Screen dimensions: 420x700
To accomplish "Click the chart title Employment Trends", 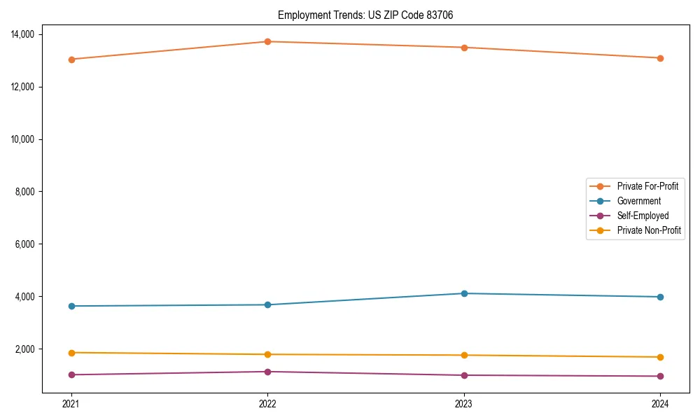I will tap(365, 15).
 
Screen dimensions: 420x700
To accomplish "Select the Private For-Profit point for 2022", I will tap(267, 41).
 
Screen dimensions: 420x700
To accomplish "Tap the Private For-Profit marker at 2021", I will tap(71, 59).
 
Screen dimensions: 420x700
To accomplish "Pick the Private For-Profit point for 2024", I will tap(660, 58).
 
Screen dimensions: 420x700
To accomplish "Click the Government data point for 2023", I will tap(464, 293).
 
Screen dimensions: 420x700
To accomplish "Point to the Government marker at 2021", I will tap(71, 306).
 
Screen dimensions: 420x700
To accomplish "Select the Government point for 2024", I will tap(660, 297).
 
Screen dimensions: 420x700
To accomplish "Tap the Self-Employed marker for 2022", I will tap(267, 372).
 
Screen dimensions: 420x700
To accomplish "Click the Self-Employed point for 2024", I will tap(660, 376).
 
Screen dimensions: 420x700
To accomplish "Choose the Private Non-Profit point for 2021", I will tap(71, 353).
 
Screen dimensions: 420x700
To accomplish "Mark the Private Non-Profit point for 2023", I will tap(464, 355).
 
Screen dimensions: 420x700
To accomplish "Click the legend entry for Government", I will tap(638, 201).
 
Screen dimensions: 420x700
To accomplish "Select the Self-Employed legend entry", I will tap(643, 216).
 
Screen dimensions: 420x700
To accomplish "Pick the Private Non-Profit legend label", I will tap(649, 230).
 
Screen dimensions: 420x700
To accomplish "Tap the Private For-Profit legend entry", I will tap(647, 186).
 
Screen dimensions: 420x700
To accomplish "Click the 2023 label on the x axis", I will tap(464, 403).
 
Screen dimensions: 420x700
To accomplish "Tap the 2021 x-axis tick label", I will tap(71, 403).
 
